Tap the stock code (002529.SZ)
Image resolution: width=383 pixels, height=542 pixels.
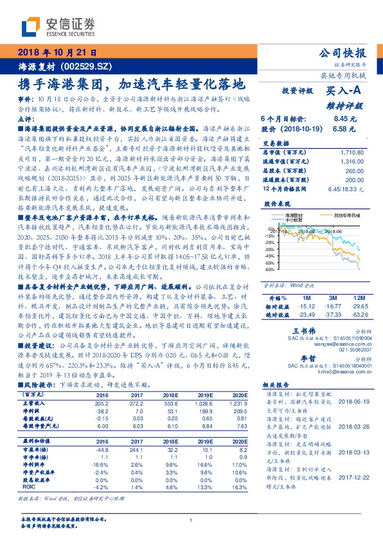86,66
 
